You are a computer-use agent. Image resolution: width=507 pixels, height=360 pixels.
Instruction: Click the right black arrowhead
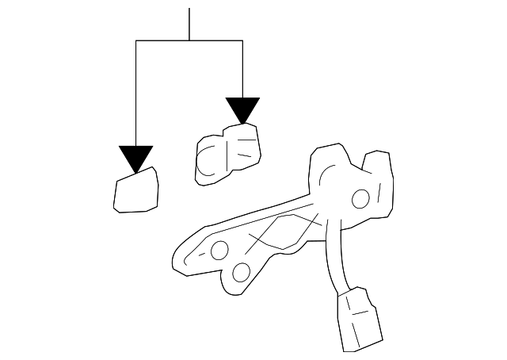pos(242,109)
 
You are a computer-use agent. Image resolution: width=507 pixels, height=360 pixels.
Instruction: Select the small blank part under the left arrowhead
pos(136,192)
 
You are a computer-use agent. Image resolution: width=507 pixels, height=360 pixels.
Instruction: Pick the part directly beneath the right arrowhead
pos(230,154)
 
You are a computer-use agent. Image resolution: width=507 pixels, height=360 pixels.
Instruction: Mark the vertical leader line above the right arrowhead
pos(242,67)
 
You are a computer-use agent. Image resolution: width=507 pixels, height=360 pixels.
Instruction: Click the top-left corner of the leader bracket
pos(136,40)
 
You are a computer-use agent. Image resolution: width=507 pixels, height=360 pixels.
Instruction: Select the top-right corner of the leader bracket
pos(242,40)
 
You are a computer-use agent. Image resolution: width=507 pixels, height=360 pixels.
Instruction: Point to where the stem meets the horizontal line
pos(189,40)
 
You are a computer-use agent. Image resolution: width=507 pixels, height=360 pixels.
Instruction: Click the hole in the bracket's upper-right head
pos(359,198)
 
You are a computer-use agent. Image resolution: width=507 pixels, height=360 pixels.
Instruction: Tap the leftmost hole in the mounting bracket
pos(219,251)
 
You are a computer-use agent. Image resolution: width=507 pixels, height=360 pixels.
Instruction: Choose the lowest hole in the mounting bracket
pos(242,274)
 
